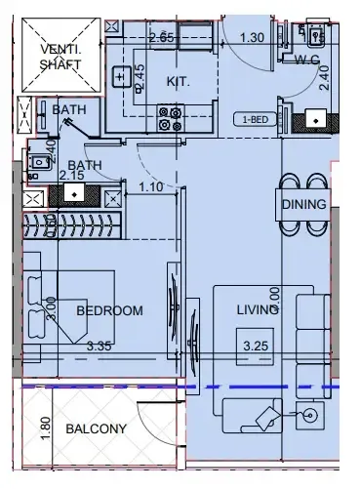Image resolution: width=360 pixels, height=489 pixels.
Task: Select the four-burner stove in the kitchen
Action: point(169,118)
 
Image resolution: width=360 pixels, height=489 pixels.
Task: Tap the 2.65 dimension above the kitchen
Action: point(161,38)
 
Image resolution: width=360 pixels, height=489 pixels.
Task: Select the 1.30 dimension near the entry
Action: point(251,38)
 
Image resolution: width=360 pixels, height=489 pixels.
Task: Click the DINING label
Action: point(303,206)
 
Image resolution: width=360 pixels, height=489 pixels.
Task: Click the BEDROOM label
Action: point(109,310)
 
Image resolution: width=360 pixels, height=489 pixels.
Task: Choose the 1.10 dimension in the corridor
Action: point(150,185)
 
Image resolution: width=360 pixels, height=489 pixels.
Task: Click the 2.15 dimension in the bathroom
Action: point(70,176)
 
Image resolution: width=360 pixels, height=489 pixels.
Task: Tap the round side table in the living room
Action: point(310,415)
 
